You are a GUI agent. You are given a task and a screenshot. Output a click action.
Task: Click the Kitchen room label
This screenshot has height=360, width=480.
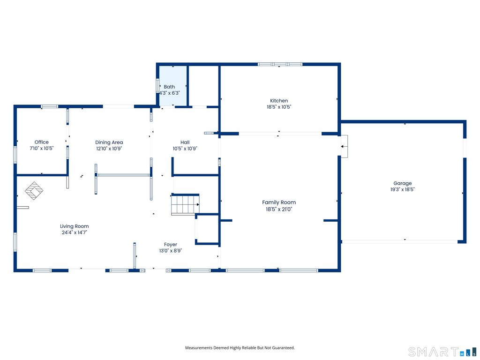click(279, 101)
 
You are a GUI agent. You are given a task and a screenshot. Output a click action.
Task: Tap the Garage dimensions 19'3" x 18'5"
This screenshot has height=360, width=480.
click(403, 189)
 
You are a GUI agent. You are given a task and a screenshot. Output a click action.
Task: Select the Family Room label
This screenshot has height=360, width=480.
click(279, 202)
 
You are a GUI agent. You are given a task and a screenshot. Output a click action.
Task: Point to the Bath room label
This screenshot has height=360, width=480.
click(169, 87)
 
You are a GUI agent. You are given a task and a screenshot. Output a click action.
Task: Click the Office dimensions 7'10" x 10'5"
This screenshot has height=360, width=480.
click(42, 149)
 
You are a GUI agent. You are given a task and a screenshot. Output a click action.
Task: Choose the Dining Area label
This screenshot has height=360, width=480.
click(109, 142)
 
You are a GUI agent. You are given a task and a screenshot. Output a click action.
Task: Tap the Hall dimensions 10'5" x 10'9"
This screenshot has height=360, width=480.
click(185, 149)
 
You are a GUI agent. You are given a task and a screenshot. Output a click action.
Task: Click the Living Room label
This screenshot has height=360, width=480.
click(75, 226)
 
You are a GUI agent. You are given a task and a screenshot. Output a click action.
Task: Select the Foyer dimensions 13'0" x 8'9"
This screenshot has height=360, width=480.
click(171, 251)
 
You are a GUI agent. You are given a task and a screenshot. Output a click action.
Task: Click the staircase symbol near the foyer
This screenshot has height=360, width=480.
click(185, 204)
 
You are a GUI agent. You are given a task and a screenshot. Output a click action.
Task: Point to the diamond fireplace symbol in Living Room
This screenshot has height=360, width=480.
click(34, 191)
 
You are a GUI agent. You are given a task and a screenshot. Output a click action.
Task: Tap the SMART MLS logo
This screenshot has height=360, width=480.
click(442, 352)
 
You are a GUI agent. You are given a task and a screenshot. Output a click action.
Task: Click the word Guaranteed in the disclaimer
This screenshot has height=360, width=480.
click(285, 348)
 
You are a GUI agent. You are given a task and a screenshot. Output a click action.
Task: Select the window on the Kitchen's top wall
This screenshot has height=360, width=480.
click(280, 64)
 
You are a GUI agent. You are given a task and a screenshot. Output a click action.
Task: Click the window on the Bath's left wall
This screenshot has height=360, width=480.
click(157, 86)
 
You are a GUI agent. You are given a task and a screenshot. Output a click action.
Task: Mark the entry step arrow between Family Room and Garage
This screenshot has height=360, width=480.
click(345, 147)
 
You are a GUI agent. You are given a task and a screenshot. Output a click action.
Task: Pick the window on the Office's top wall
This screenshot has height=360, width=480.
click(50, 106)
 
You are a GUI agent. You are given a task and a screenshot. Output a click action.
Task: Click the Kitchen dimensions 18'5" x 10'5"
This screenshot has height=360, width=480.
click(279, 107)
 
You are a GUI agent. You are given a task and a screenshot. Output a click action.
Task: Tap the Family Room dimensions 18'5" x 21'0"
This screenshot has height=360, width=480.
click(279, 210)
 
